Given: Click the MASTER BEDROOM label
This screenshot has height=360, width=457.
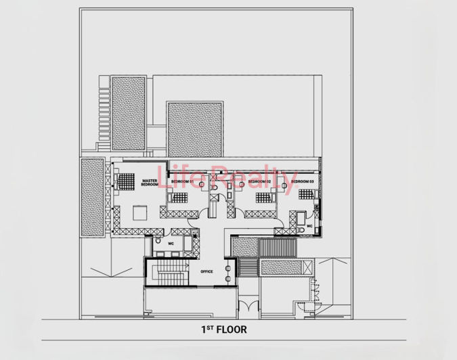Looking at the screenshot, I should (150, 183).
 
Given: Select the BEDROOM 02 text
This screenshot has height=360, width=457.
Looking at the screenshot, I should (259, 182).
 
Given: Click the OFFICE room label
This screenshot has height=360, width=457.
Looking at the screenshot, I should (206, 271).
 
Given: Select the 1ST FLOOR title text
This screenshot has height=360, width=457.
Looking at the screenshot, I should (223, 330).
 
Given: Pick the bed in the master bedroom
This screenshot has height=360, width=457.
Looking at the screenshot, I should (126, 183).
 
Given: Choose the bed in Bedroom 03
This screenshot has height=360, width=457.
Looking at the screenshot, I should (306, 194).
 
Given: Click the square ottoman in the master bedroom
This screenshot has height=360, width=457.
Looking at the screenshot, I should (140, 212).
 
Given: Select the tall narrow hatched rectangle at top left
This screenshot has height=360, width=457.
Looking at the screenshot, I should (128, 113).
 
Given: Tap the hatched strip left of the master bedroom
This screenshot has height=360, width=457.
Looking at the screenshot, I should (91, 198).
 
